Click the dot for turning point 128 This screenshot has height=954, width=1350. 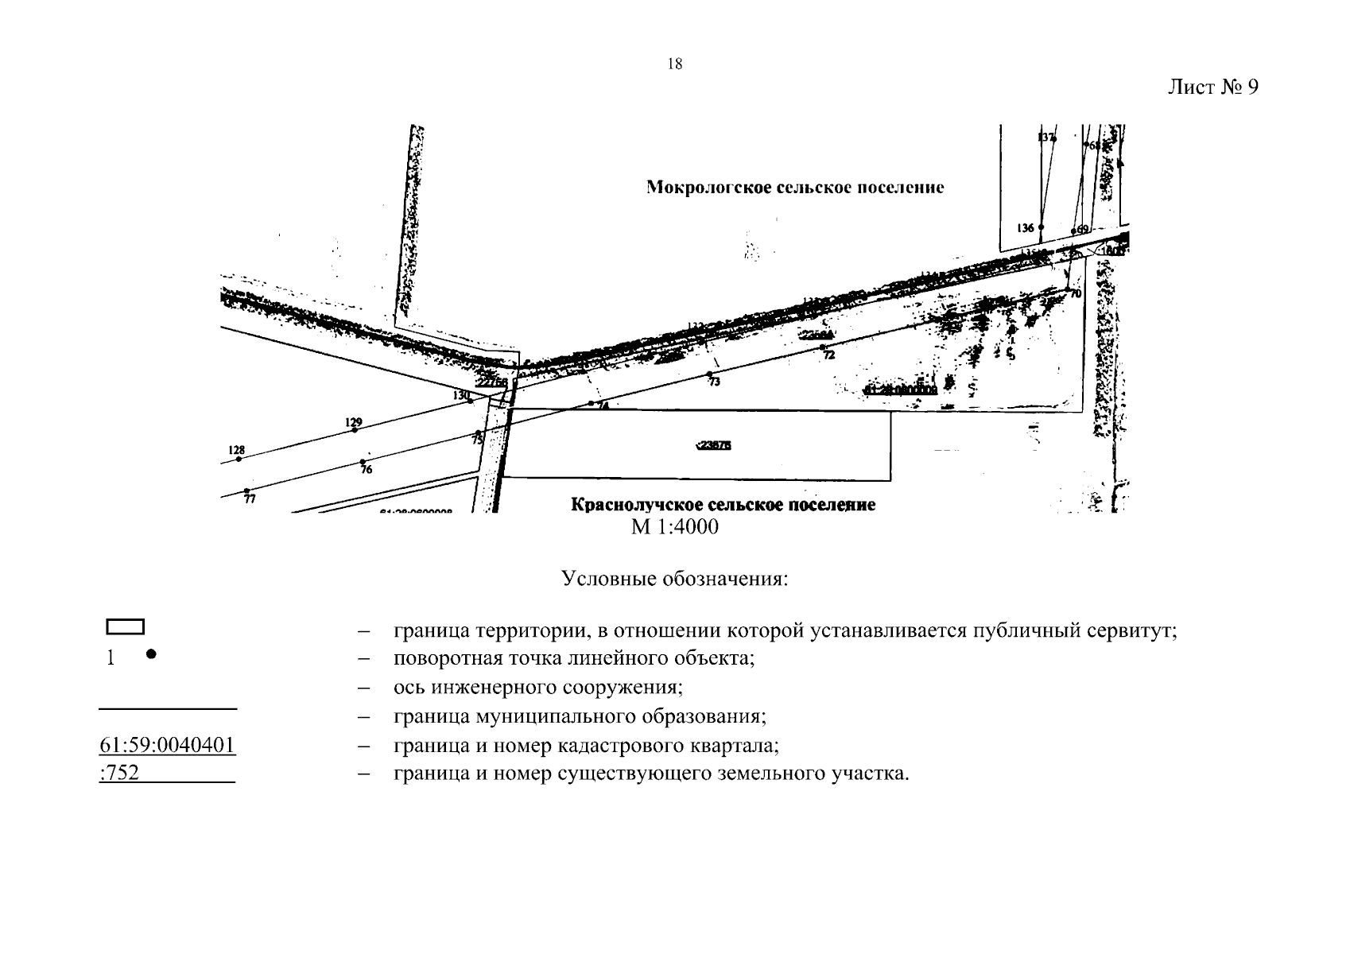[239, 459]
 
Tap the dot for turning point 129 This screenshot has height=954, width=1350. [355, 430]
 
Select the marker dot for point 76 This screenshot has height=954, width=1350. [363, 461]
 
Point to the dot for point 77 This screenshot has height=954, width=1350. [247, 491]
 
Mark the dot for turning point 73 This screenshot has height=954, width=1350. [709, 374]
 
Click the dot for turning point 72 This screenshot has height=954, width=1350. [822, 347]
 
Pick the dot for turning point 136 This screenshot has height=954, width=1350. [1041, 227]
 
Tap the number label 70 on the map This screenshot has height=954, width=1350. [1077, 293]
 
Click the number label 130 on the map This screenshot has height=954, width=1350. [460, 395]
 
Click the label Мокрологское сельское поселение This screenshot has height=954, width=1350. [795, 188]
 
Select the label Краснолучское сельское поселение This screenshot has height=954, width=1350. [723, 505]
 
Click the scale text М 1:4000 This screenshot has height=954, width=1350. [674, 526]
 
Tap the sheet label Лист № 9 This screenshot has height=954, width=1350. [1212, 87]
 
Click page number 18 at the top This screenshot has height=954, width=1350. [674, 64]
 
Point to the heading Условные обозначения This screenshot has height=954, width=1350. [674, 578]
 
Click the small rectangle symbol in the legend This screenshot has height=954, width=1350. [125, 627]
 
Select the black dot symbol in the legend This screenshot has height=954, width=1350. [151, 654]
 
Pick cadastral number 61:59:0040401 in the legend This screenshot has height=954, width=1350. [168, 746]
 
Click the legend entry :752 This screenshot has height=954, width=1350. [119, 773]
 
